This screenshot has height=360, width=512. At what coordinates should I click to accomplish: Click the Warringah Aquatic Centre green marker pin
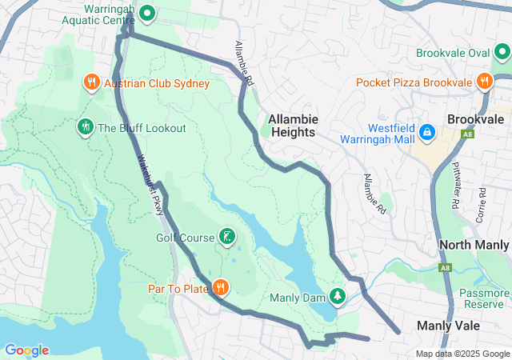(147, 13)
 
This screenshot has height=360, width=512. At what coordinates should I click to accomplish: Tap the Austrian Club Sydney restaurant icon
(91, 82)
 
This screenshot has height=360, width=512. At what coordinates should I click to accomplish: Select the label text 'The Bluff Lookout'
(142, 128)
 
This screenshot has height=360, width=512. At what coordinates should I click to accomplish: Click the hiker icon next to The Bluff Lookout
(85, 127)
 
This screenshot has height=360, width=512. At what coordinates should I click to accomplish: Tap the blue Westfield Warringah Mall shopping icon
(427, 131)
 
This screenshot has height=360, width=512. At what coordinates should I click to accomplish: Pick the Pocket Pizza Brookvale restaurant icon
(483, 82)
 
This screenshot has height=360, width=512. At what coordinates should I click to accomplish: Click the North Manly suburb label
(474, 245)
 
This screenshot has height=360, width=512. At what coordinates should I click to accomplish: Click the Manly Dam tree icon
(338, 297)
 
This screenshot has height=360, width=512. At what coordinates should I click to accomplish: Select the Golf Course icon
(228, 236)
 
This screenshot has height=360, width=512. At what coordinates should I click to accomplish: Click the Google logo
(26, 350)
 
